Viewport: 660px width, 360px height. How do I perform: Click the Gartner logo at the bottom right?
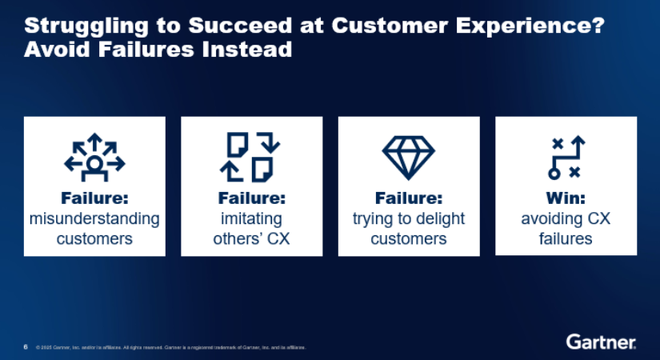(602, 342)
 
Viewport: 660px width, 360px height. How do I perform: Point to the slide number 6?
(26, 347)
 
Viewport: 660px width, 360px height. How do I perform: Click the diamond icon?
(408, 156)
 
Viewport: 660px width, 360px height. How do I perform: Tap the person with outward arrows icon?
(94, 156)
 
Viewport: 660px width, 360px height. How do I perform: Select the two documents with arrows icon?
(251, 156)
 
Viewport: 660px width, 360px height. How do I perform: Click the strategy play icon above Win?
(566, 157)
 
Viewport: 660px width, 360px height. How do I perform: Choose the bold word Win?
(566, 198)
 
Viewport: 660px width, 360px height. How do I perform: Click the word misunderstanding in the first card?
(94, 218)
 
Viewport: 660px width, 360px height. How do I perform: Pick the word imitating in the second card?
(251, 218)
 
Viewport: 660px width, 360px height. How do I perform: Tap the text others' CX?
(251, 239)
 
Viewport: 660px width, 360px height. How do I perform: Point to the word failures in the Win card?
(566, 239)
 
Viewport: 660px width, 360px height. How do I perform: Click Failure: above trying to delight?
(408, 198)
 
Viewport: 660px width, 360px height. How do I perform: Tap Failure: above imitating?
(251, 198)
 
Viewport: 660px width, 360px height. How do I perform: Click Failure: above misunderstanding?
(94, 198)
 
